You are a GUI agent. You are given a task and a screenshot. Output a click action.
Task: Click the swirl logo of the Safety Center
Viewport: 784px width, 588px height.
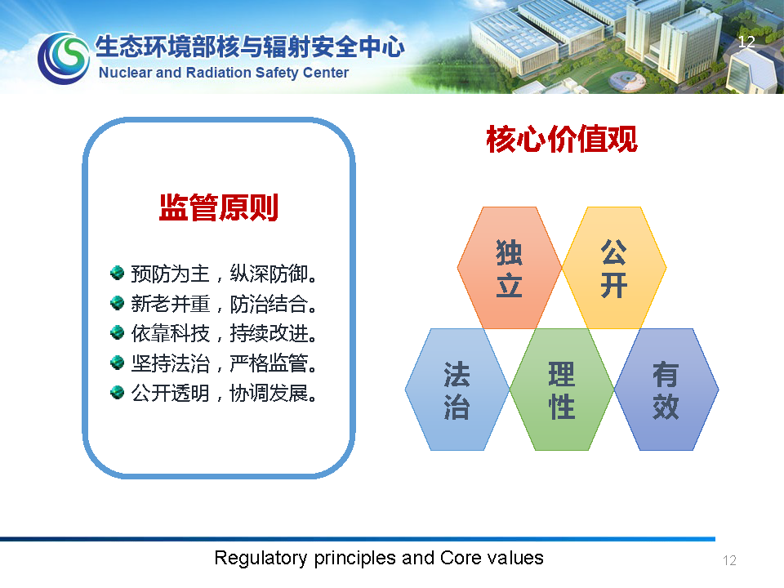pos(64,58)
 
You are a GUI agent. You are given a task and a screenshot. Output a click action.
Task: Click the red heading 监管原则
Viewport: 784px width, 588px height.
pos(219,207)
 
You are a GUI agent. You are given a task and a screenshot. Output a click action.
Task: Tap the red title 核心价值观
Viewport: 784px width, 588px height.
pos(562,139)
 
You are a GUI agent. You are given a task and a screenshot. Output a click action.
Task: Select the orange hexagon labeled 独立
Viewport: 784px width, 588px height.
pos(510,268)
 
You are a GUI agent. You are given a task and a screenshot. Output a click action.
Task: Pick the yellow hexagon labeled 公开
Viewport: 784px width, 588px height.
pos(614,268)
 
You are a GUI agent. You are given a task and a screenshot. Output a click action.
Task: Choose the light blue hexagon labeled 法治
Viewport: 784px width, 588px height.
pos(457,390)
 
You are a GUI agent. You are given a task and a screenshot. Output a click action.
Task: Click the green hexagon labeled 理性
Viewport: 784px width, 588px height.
pos(562,390)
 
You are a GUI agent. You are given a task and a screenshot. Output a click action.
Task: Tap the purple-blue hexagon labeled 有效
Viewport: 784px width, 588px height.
pos(666,390)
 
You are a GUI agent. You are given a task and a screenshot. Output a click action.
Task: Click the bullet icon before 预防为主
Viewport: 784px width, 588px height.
pos(117,273)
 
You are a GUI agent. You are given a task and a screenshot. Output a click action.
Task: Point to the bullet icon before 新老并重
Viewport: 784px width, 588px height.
pos(117,303)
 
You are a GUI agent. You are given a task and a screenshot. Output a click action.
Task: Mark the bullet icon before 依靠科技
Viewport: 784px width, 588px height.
pos(117,332)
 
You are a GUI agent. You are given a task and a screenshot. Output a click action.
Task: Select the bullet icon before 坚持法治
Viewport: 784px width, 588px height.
pos(117,363)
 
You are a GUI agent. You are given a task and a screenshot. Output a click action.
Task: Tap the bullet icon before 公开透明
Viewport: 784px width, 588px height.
pos(117,393)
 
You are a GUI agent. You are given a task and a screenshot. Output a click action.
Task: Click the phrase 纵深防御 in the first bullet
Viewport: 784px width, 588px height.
pos(269,274)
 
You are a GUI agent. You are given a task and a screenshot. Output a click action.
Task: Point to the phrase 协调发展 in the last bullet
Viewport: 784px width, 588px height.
pos(269,393)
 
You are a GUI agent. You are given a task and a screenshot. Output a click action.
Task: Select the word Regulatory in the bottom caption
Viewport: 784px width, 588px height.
pos(261,558)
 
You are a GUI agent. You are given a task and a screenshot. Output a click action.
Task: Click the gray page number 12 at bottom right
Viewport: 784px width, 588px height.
pos(729,560)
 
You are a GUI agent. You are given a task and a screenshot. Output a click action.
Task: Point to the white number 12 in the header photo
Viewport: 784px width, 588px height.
pos(746,42)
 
